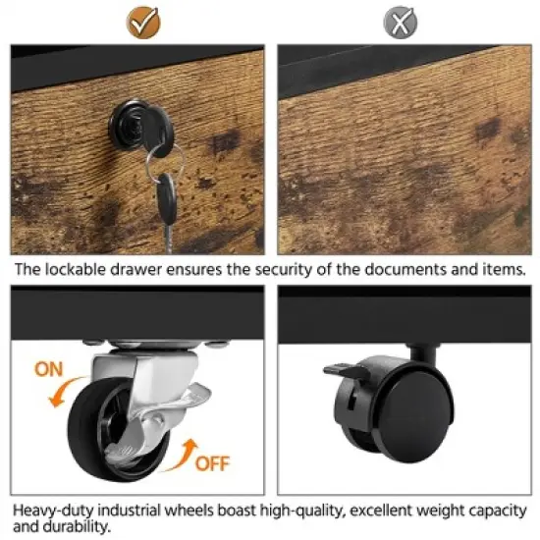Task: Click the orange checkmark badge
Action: tap(143, 23)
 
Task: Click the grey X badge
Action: tap(401, 23)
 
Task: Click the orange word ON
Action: tap(48, 369)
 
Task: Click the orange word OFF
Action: tap(212, 463)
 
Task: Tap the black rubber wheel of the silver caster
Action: tap(93, 430)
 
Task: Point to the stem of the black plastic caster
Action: tap(423, 354)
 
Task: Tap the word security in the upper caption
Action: tap(284, 270)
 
